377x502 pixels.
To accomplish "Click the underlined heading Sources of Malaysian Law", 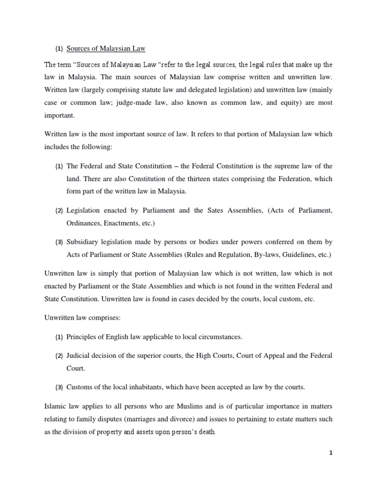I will [x=106, y=49].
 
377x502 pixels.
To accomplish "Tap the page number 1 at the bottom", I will [x=331, y=453].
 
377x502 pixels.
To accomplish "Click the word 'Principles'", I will [x=82, y=337].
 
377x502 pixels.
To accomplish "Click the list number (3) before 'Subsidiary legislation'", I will [x=59, y=242].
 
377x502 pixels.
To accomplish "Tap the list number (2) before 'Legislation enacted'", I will [x=59, y=211].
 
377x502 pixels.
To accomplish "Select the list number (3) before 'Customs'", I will [x=59, y=387].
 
